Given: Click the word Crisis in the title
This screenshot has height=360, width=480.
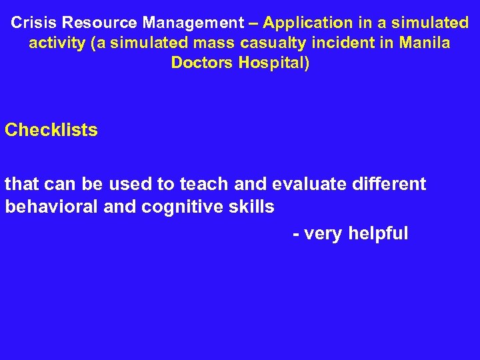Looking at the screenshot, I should [x=34, y=23].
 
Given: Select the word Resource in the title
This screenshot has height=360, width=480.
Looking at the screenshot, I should [x=99, y=23].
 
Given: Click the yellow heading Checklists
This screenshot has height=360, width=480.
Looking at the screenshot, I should [x=51, y=130].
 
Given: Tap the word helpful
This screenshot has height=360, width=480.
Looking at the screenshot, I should [x=378, y=234].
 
